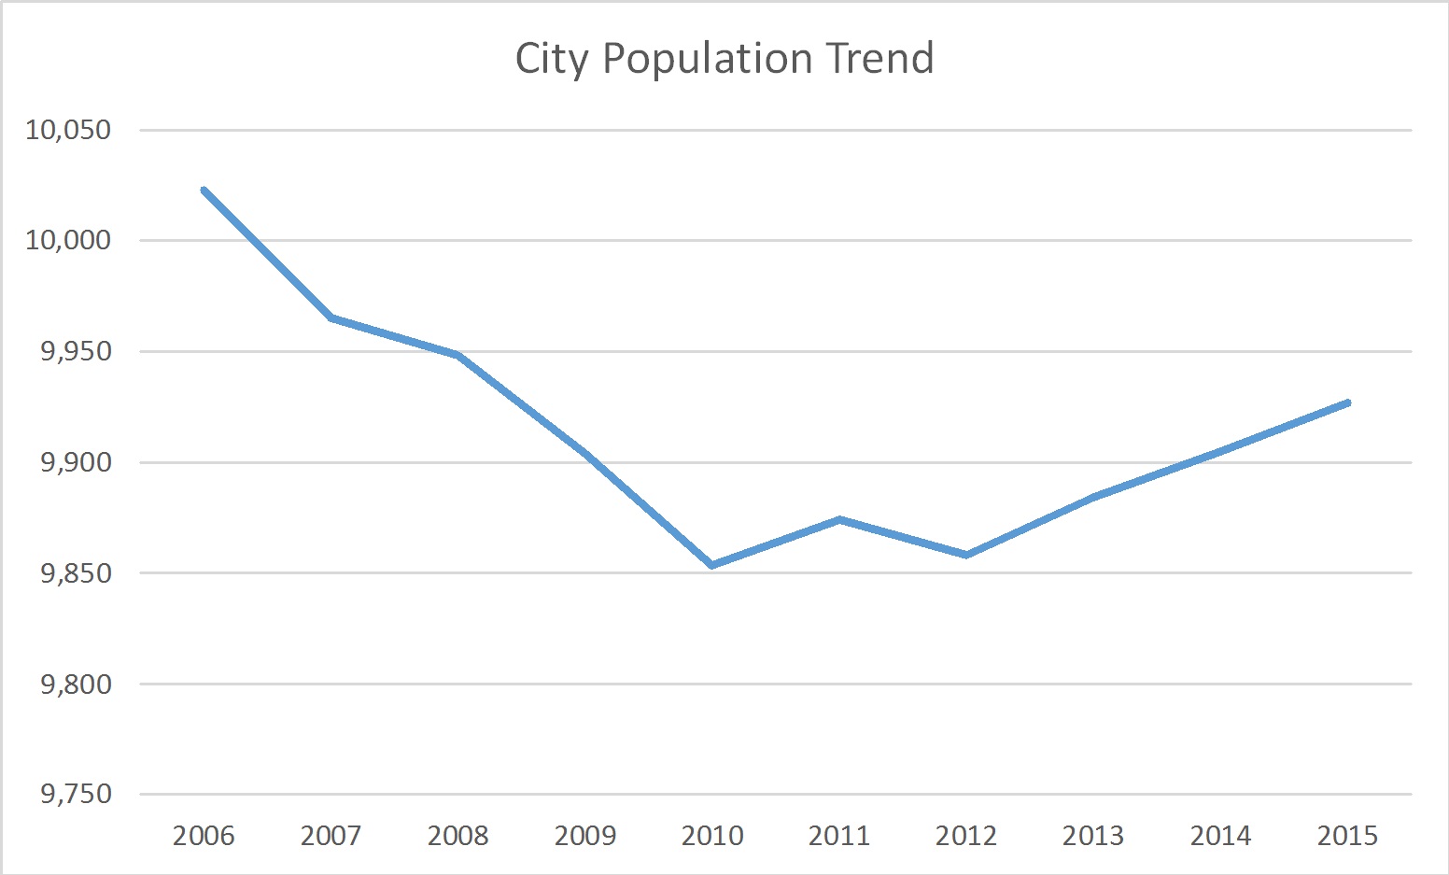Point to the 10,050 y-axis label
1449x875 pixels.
(x=68, y=130)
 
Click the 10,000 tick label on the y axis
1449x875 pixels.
(x=68, y=241)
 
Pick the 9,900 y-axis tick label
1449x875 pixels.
(x=75, y=463)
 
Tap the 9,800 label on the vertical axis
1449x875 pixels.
(x=75, y=684)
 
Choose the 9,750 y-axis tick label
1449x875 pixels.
(x=75, y=795)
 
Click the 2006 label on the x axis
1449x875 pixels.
(x=204, y=836)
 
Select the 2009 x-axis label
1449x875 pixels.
(x=585, y=836)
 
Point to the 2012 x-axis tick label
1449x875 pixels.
(x=966, y=836)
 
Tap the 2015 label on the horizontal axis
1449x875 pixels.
(x=1347, y=836)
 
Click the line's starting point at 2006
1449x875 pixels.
(x=204, y=190)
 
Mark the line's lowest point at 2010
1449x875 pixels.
(x=712, y=565)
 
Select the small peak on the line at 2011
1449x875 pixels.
(x=839, y=519)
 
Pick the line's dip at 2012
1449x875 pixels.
(x=966, y=555)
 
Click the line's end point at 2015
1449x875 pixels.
(x=1347, y=402)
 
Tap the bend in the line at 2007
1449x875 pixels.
(x=331, y=318)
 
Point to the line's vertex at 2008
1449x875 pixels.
(x=458, y=355)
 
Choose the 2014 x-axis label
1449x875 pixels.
(x=1220, y=836)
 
